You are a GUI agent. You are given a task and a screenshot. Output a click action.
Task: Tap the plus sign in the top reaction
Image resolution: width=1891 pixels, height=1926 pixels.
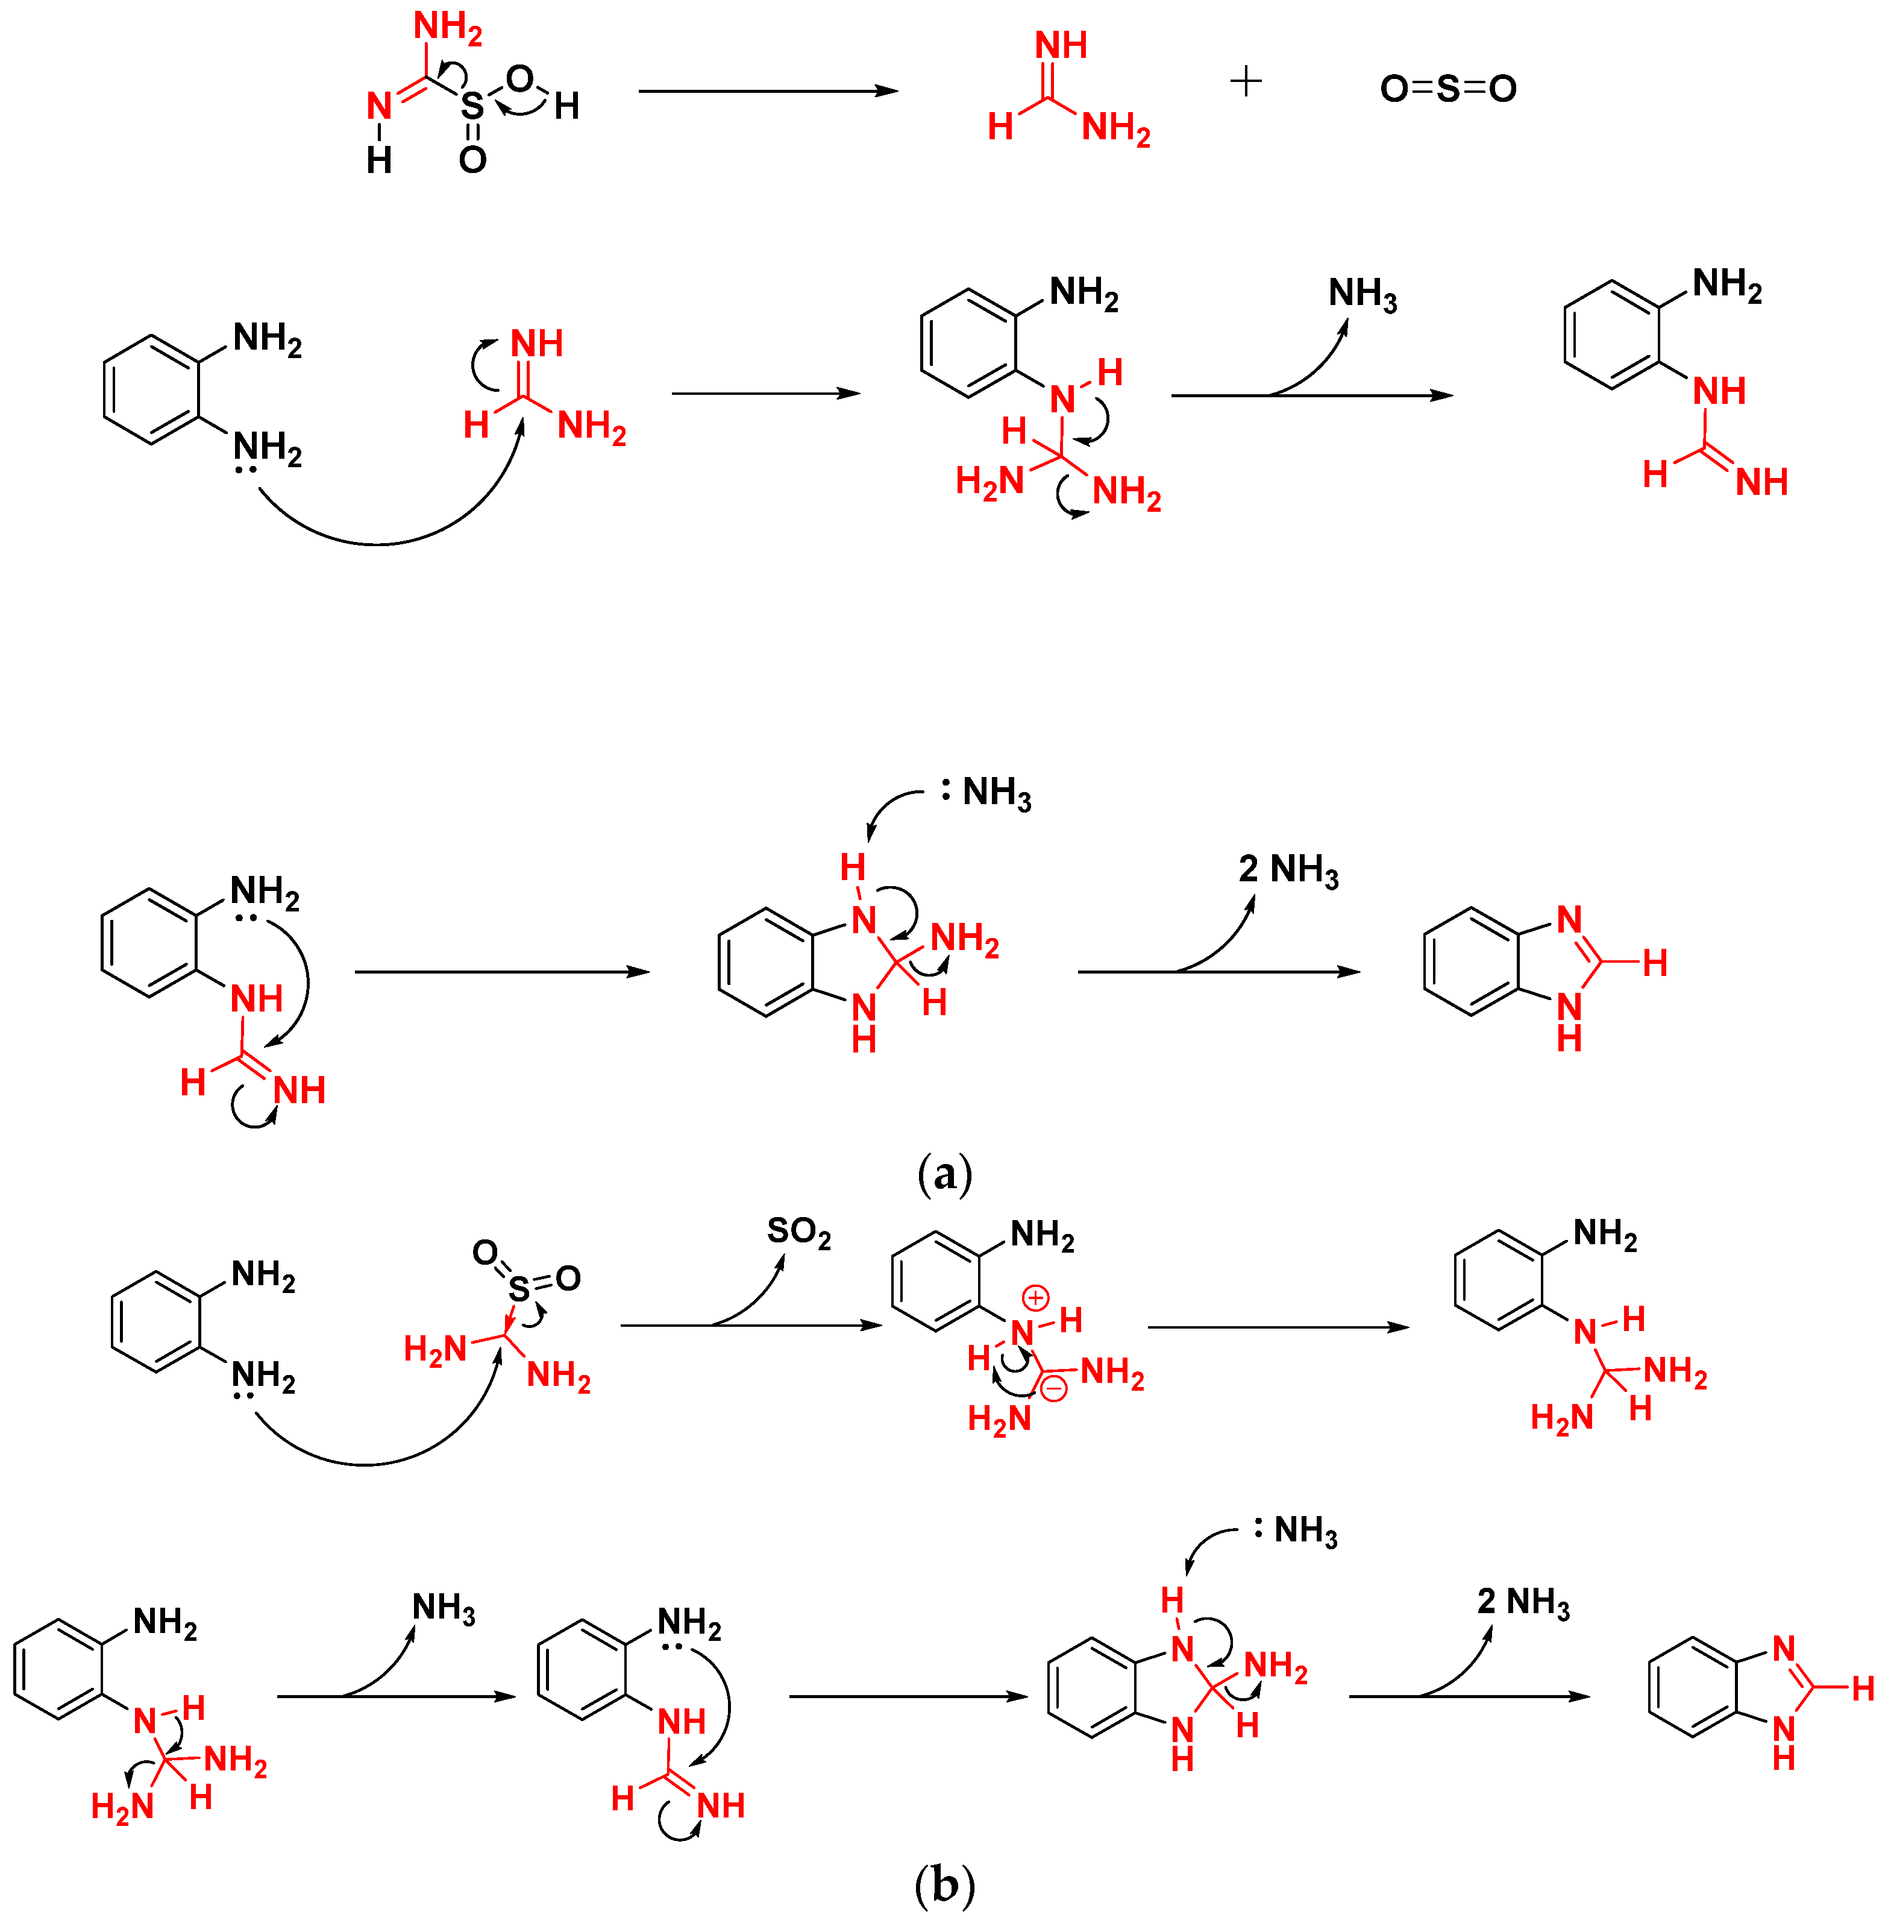coord(1246,81)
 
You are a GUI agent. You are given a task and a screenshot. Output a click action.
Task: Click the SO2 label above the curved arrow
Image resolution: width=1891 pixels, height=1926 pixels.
coord(798,1233)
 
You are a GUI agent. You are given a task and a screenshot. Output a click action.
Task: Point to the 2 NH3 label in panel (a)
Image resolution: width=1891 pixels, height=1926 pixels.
coord(1288,870)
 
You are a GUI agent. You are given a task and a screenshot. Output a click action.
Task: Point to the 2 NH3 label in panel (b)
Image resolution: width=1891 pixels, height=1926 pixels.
coord(1523,1602)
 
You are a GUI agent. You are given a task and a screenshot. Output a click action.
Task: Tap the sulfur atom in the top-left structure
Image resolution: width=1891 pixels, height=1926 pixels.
coord(472,106)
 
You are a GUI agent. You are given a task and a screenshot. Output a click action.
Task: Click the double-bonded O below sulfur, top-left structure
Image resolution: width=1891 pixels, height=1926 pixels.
coord(472,159)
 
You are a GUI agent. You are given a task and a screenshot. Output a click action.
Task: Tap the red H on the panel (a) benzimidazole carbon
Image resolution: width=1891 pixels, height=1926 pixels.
coord(1655,961)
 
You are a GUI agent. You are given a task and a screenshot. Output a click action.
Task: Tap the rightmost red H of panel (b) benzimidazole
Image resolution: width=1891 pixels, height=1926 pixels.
coord(1863,1688)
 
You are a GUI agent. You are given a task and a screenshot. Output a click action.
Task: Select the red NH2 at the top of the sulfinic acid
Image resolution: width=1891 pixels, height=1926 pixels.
coord(448,28)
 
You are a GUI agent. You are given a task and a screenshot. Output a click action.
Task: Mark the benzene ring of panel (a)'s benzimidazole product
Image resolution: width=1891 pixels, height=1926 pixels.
coord(1471,961)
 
